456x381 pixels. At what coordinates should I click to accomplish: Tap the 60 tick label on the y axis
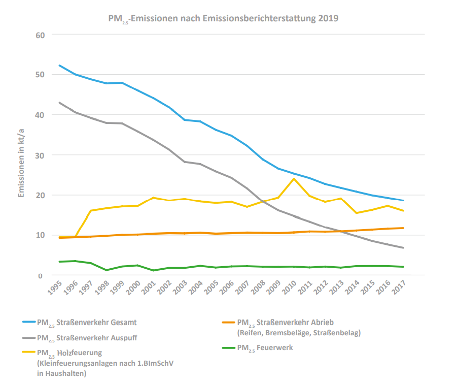coord(41,35)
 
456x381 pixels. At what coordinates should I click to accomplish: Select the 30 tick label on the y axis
coord(41,155)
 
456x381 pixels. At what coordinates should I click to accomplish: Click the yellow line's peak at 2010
coord(294,178)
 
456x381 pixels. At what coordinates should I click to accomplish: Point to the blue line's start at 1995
coord(59,66)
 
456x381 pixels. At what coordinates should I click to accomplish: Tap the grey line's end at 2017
coord(403,248)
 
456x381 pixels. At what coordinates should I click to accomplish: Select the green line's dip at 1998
coord(107,270)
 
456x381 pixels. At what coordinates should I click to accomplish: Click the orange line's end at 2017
coord(403,228)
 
